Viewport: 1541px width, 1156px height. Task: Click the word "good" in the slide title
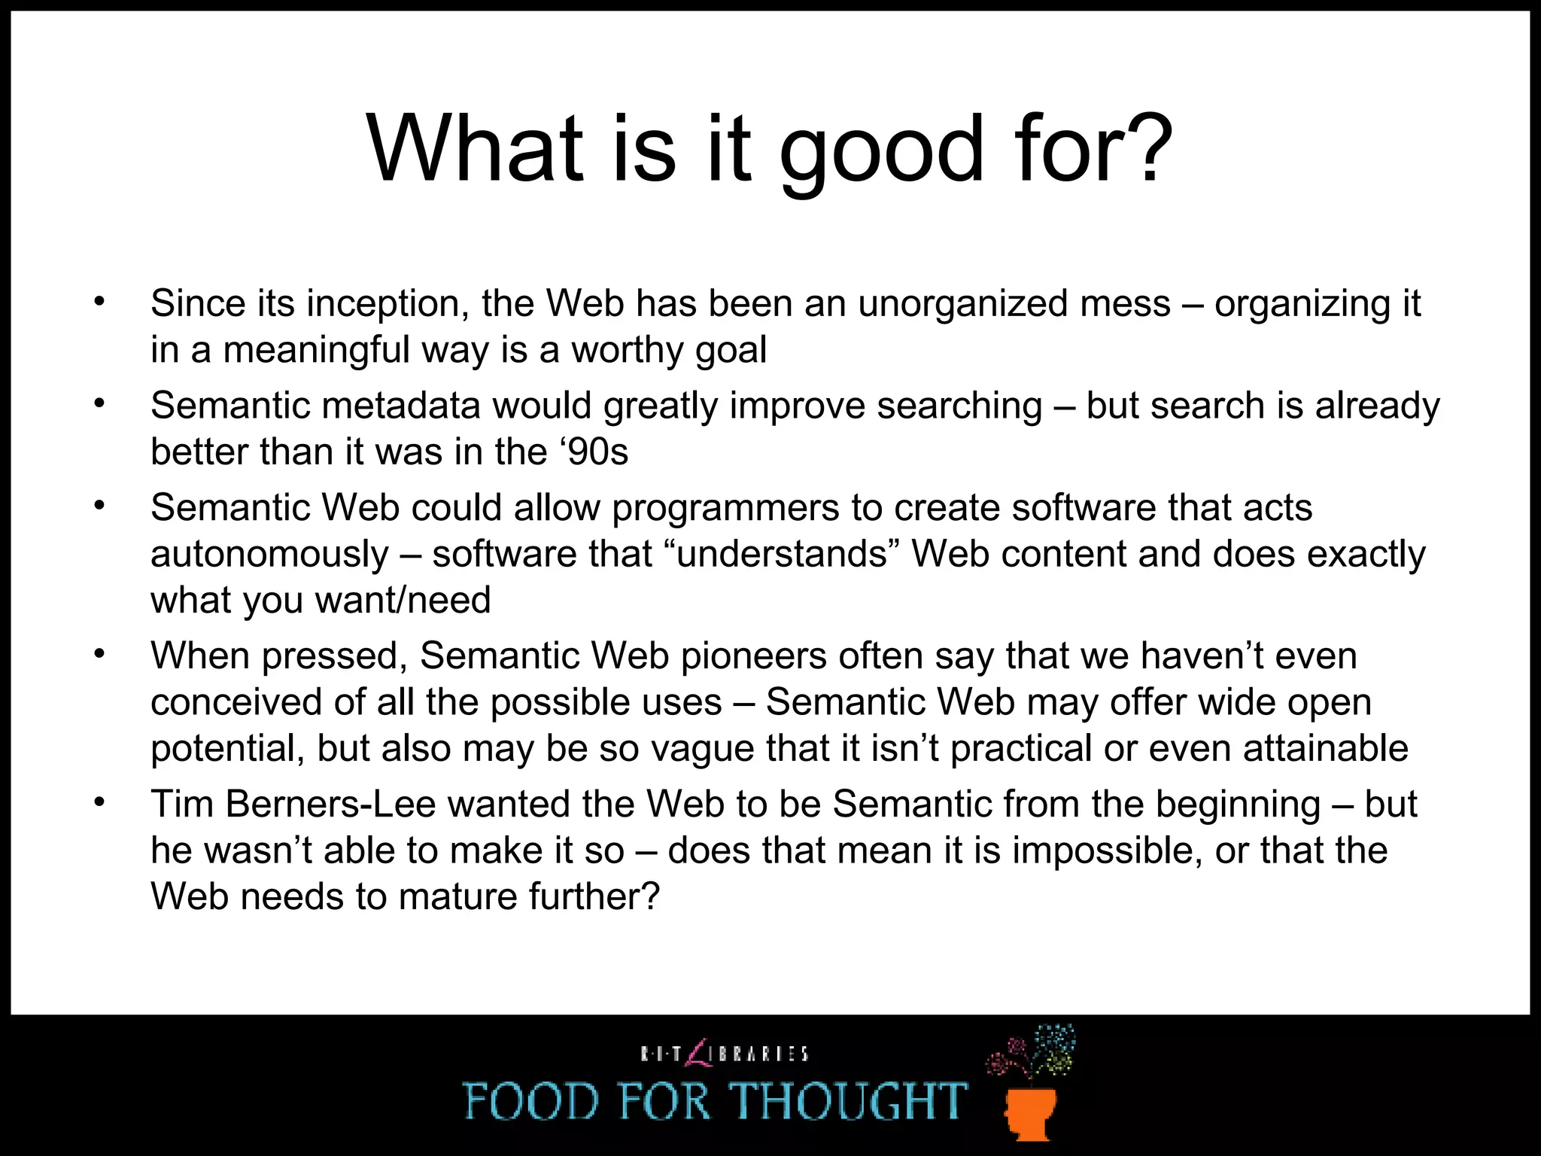pyautogui.click(x=880, y=151)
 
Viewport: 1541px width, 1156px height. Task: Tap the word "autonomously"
pyautogui.click(x=269, y=555)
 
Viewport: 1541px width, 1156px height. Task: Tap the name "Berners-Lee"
pyautogui.click(x=330, y=804)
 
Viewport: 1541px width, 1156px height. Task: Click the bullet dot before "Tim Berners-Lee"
pyautogui.click(x=99, y=802)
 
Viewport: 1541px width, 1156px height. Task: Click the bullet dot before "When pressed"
pyautogui.click(x=99, y=654)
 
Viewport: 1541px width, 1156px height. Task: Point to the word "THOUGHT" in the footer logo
pyautogui.click(x=850, y=1101)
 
